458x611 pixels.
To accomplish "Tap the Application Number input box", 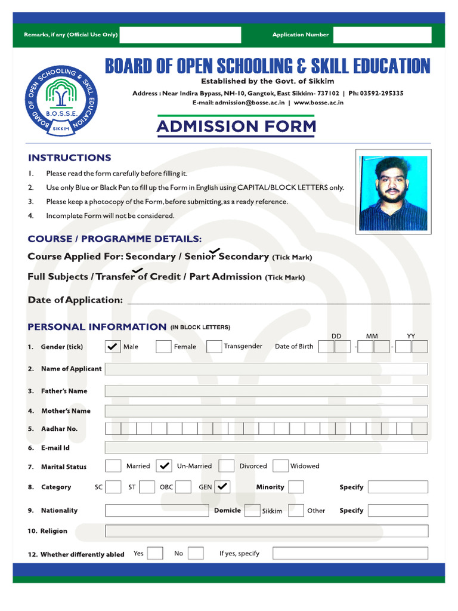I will click(382, 35).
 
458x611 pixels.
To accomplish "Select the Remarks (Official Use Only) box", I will click(180, 35).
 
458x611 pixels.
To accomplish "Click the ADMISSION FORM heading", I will click(236, 126).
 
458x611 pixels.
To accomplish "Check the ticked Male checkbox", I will click(113, 347).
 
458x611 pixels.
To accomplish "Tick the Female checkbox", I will click(163, 347).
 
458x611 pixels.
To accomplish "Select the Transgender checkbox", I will click(214, 347).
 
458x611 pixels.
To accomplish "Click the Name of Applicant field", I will click(266, 369).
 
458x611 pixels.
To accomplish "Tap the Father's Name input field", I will click(266, 391).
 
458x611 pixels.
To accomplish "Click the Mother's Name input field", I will click(266, 411).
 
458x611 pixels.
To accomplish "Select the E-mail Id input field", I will click(266, 448).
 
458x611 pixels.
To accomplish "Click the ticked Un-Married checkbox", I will click(164, 466).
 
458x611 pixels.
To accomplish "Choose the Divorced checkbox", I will click(227, 466).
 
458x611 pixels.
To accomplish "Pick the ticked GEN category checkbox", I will click(222, 487).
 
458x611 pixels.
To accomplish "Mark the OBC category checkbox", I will click(184, 487).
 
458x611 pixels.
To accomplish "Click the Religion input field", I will click(266, 531).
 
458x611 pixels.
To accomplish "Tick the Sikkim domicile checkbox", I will click(252, 510).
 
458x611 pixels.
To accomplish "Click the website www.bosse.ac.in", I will click(318, 103).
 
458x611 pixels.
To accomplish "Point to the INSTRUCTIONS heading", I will click(69, 158).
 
